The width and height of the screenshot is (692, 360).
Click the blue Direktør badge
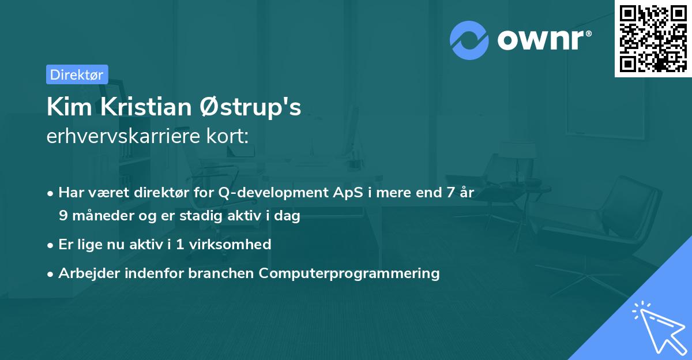coord(77,74)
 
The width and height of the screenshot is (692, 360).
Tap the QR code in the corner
coord(653,38)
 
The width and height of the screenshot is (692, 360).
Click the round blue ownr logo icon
coord(469,40)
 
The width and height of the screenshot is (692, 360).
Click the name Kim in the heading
coord(70,107)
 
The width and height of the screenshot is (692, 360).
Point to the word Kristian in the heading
coord(146,107)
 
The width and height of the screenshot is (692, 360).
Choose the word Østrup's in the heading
coord(250,107)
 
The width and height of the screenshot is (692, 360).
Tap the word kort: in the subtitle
coord(227,136)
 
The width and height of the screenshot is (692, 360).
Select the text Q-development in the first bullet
coord(273,193)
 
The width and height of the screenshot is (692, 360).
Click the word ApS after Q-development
coord(348,192)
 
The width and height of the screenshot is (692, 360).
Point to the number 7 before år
coord(450,192)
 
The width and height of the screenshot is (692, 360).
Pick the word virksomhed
coord(230,244)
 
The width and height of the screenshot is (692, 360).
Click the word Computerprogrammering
coord(349,273)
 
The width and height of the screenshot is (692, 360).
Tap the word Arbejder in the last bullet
coord(89,273)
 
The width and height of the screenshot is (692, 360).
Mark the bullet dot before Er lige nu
coord(50,246)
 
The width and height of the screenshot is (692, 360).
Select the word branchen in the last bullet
coord(221,273)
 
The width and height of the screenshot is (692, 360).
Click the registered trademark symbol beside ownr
coord(588,33)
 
